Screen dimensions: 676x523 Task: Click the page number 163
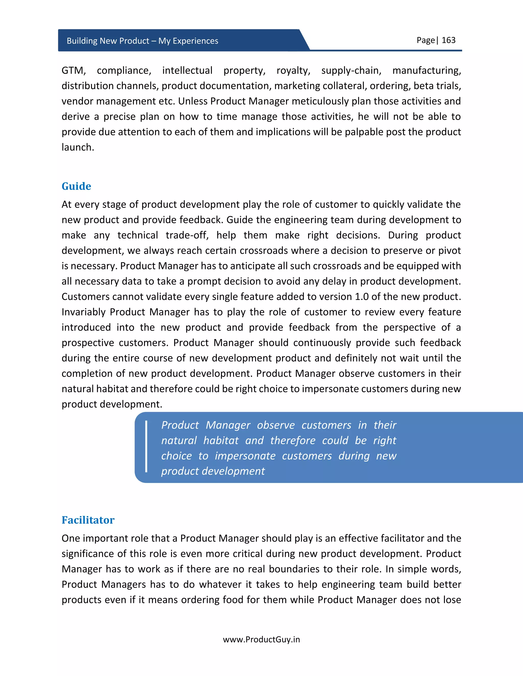[448, 40]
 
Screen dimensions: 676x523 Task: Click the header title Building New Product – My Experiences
[142, 41]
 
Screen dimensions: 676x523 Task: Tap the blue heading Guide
[76, 186]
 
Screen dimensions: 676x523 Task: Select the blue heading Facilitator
[88, 520]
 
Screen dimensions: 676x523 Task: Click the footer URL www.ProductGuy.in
[261, 640]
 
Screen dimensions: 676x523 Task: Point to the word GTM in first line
[74, 71]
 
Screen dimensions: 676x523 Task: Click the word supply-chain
[351, 71]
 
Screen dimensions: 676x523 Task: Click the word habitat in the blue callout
[221, 441]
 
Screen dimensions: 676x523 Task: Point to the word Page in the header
[426, 40]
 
